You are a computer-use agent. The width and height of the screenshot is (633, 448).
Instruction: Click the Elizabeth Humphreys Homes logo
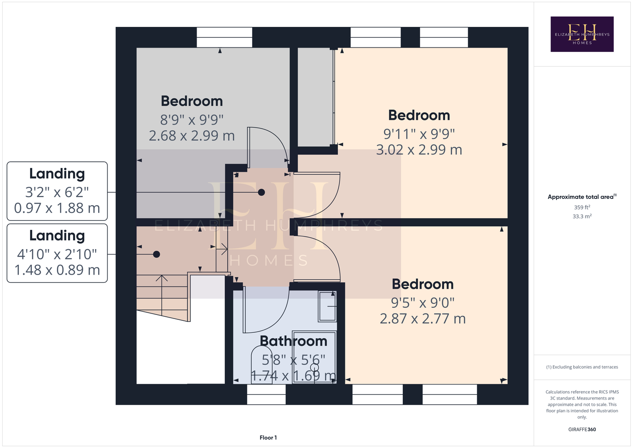pyautogui.click(x=582, y=34)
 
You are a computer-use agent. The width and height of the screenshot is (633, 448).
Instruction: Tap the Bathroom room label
pyautogui.click(x=293, y=341)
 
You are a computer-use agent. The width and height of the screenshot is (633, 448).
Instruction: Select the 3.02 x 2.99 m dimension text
pyautogui.click(x=419, y=150)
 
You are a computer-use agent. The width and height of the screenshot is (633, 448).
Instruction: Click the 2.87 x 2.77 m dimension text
pyautogui.click(x=422, y=319)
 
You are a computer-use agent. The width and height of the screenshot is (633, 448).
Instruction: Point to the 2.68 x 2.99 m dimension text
pyautogui.click(x=192, y=136)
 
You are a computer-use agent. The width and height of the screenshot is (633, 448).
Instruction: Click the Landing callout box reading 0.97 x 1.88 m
pyautogui.click(x=57, y=191)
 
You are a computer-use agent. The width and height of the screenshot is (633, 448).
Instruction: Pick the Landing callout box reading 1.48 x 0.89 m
pyautogui.click(x=57, y=253)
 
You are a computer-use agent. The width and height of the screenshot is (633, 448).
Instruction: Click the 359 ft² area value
pyautogui.click(x=582, y=207)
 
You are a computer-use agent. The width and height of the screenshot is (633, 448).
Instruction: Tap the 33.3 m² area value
pyautogui.click(x=582, y=216)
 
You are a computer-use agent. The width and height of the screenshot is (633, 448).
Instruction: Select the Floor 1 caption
pyautogui.click(x=268, y=438)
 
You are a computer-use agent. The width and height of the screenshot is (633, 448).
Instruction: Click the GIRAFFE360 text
pyautogui.click(x=582, y=429)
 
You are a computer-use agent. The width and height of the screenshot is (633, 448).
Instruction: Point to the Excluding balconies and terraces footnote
pyautogui.click(x=582, y=367)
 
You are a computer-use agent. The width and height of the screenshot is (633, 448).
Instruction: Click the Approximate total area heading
pyautogui.click(x=582, y=197)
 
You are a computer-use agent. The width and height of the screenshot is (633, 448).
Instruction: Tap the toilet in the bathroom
pyautogui.click(x=262, y=365)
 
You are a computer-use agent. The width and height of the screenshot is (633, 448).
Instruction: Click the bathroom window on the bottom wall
pyautogui.click(x=266, y=394)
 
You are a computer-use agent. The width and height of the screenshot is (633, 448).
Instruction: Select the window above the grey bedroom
pyautogui.click(x=224, y=37)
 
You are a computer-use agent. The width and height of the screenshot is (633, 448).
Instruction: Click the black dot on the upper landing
pyautogui.click(x=261, y=193)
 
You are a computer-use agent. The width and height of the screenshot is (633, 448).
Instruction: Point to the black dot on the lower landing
pyautogui.click(x=156, y=254)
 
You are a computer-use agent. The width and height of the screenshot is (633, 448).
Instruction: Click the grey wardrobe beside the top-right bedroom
pyautogui.click(x=315, y=97)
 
